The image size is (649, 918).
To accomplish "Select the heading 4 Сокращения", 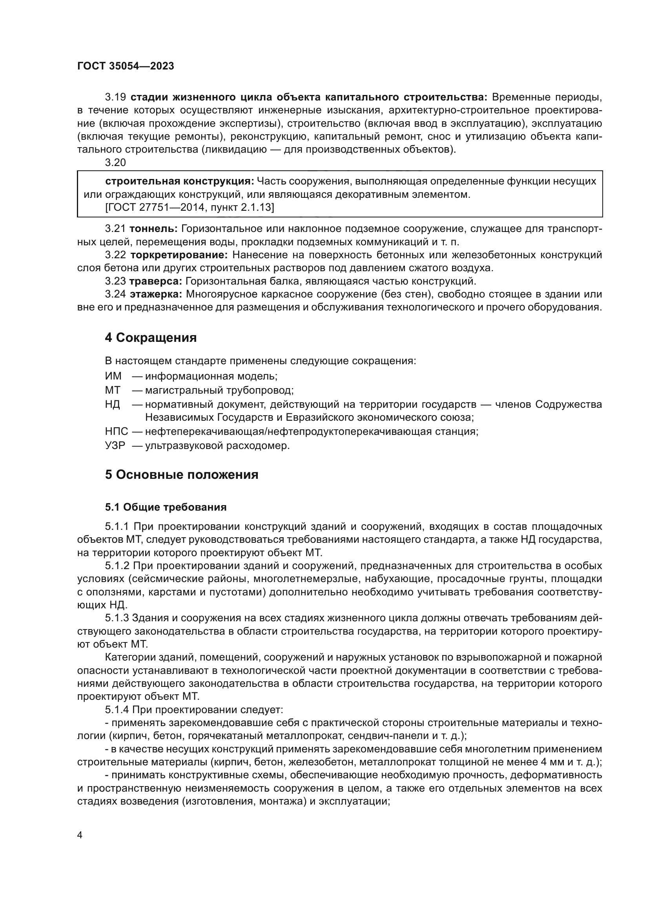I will pyautogui.click(x=151, y=338).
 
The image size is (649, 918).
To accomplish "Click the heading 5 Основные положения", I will pyautogui.click(x=181, y=475).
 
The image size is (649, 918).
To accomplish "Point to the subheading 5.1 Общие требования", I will pyautogui.click(x=166, y=507).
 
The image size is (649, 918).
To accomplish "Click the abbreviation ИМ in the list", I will pyautogui.click(x=113, y=376).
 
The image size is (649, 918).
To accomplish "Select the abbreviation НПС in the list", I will pyautogui.click(x=116, y=431).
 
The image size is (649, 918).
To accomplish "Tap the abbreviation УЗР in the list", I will pyautogui.click(x=115, y=445).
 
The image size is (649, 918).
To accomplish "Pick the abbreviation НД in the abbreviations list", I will pyautogui.click(x=112, y=404).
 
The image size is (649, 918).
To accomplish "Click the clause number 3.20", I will pyautogui.click(x=115, y=162).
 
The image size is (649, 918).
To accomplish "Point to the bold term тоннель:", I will pyautogui.click(x=153, y=229).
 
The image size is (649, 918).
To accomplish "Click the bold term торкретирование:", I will pyautogui.click(x=179, y=255).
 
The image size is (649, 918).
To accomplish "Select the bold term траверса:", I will pyautogui.click(x=156, y=281).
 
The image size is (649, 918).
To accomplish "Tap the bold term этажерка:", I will pyautogui.click(x=156, y=294).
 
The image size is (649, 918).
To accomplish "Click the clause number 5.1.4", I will pyautogui.click(x=117, y=710).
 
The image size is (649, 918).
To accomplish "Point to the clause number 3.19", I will pyautogui.click(x=115, y=97).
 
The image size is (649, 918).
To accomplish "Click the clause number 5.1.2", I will pyautogui.click(x=117, y=566).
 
